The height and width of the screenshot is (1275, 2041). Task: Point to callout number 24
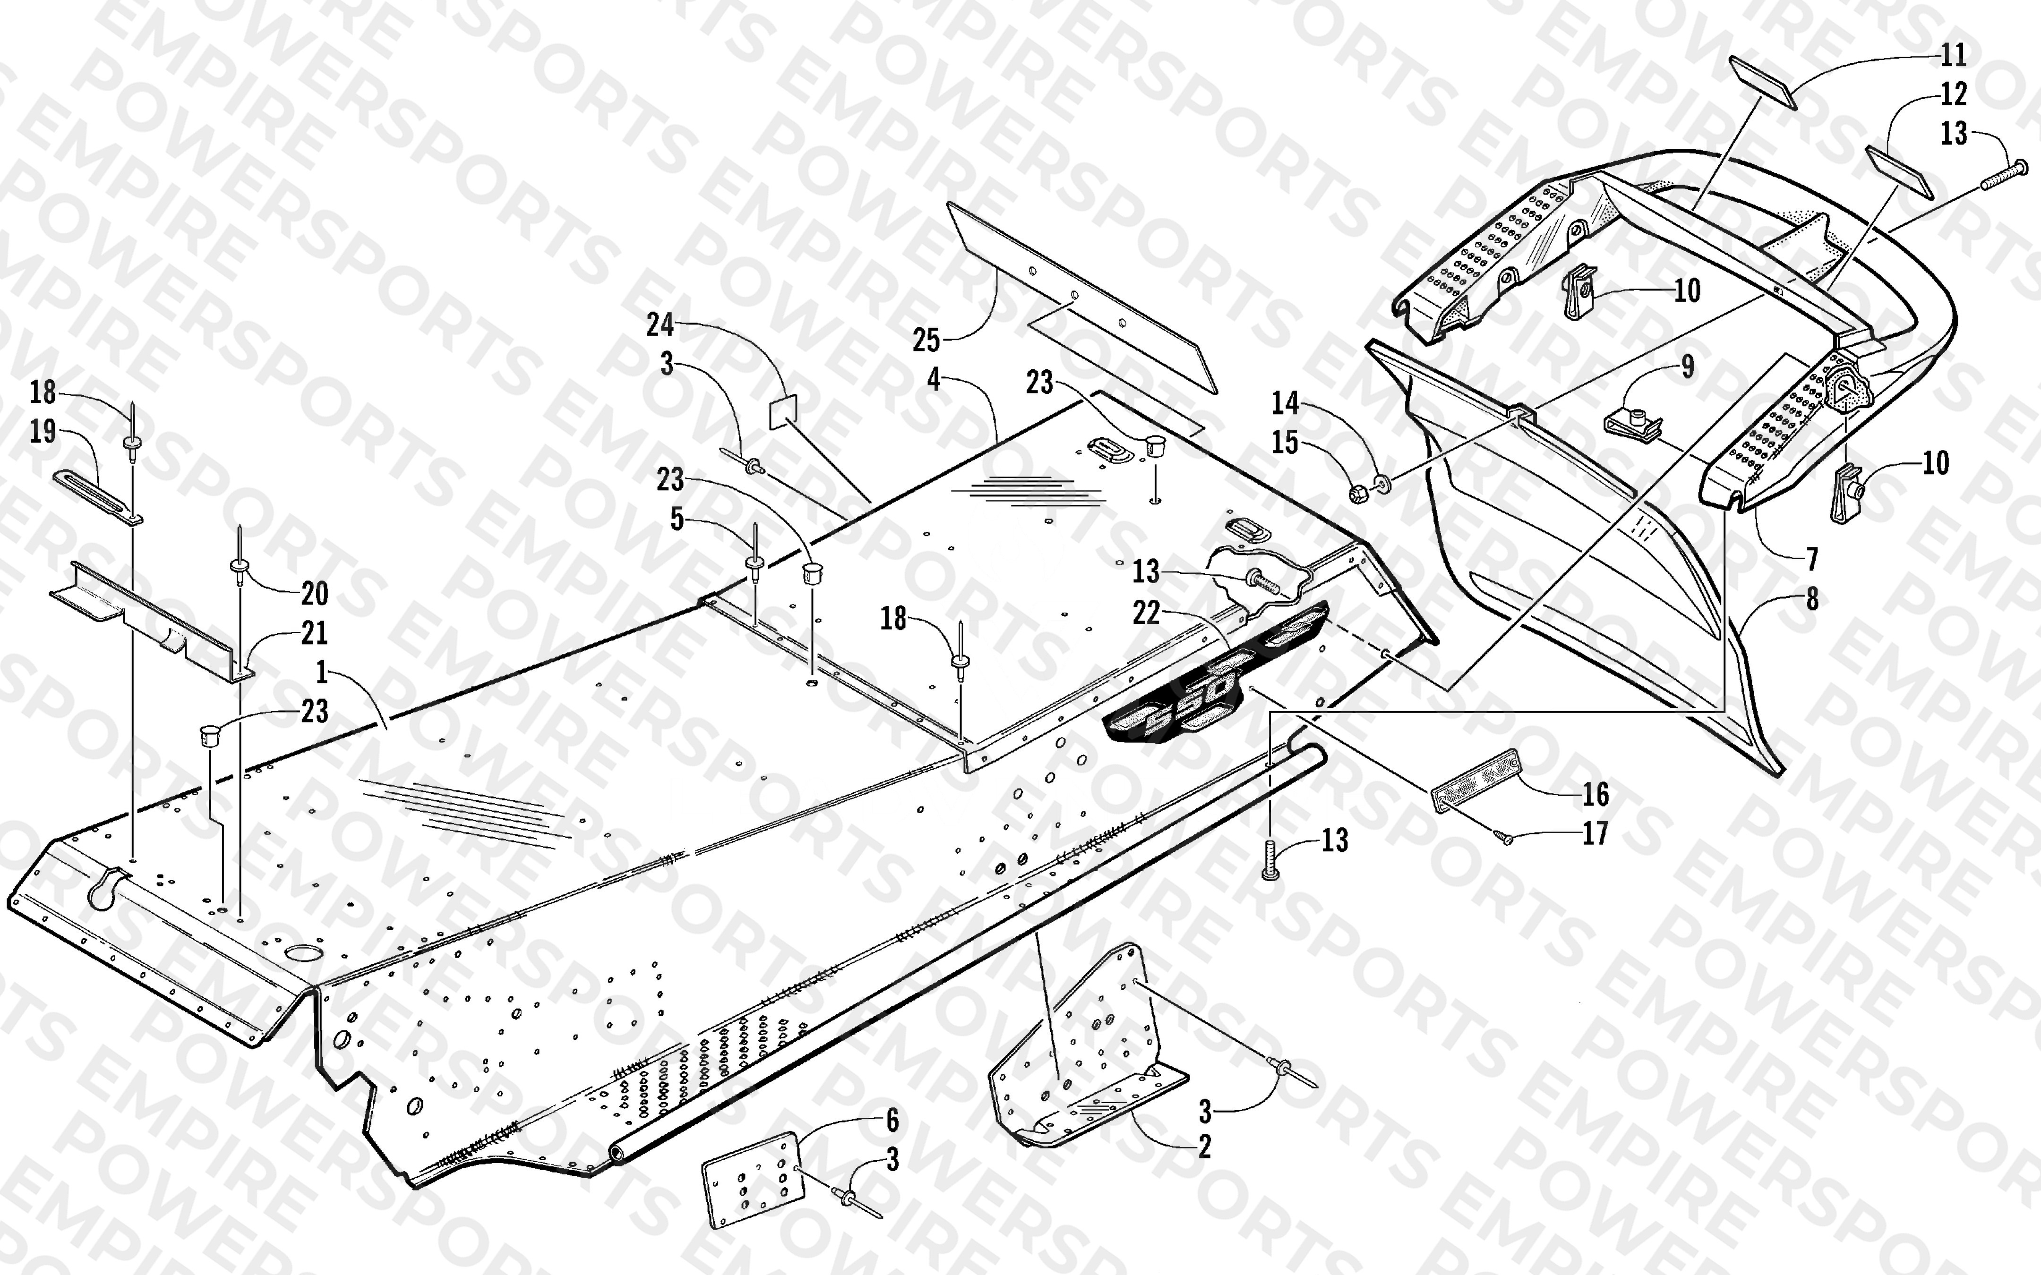pos(661,325)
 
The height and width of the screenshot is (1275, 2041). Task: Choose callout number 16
pos(1595,793)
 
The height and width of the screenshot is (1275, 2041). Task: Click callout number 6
pos(892,1121)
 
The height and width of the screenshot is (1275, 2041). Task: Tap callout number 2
pos(1204,1146)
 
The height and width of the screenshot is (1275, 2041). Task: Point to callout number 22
pos(1146,613)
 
